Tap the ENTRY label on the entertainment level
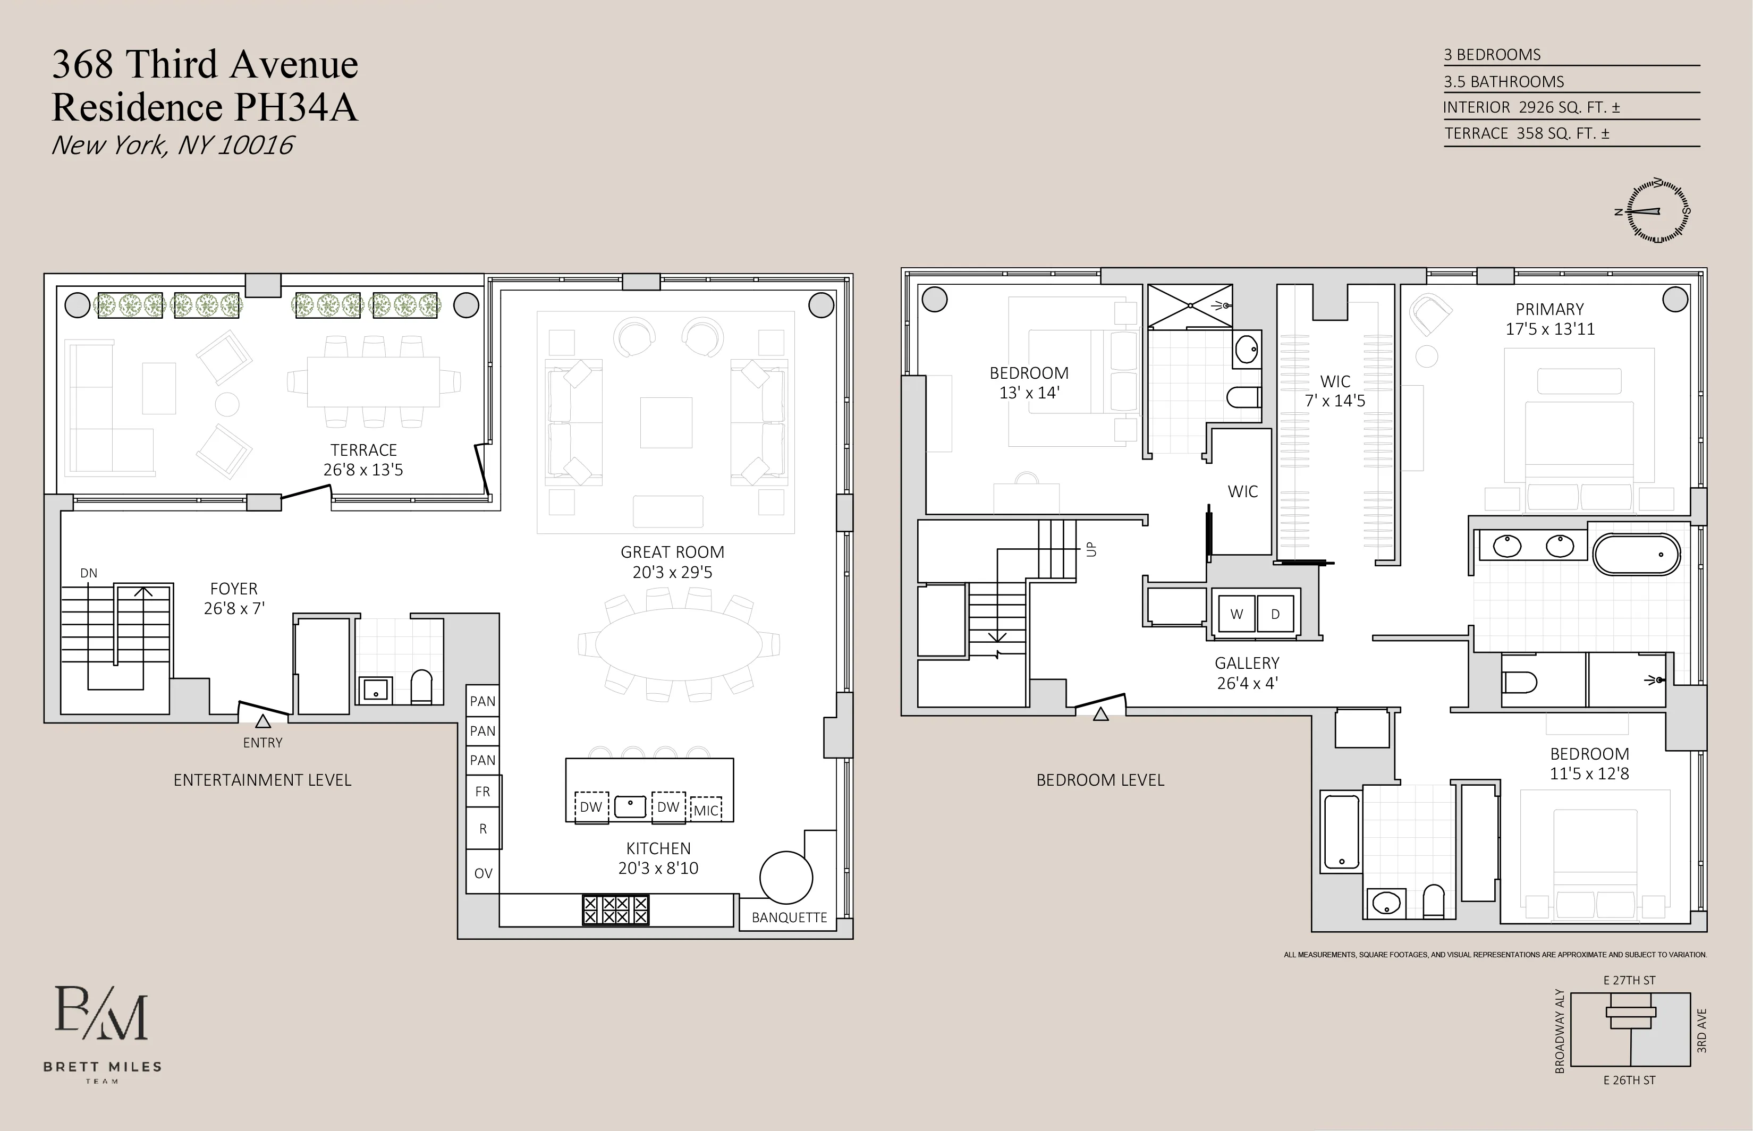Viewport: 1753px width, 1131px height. point(262,743)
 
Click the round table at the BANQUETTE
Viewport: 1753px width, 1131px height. point(786,877)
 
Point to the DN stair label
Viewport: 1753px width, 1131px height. point(88,573)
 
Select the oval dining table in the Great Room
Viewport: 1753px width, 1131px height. point(679,644)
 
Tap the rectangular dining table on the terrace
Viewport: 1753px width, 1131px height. point(373,382)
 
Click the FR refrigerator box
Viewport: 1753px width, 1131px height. point(482,792)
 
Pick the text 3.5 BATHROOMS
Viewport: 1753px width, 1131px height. point(1503,81)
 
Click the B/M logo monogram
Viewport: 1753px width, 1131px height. point(101,1014)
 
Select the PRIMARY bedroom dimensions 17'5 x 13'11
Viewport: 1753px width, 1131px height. point(1549,329)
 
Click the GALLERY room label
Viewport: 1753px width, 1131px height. point(1246,663)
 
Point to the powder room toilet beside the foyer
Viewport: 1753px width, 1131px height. point(421,687)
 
